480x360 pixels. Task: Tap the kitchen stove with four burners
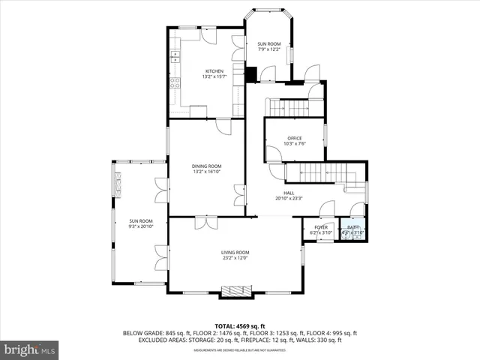coord(174,82)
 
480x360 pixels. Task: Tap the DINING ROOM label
coord(206,166)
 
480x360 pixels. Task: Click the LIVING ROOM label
coord(235,252)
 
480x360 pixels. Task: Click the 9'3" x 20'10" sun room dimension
coord(141,226)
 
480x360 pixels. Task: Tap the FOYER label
coord(320,227)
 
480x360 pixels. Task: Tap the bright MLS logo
coord(30,349)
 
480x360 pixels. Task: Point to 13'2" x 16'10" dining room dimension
coord(206,172)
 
